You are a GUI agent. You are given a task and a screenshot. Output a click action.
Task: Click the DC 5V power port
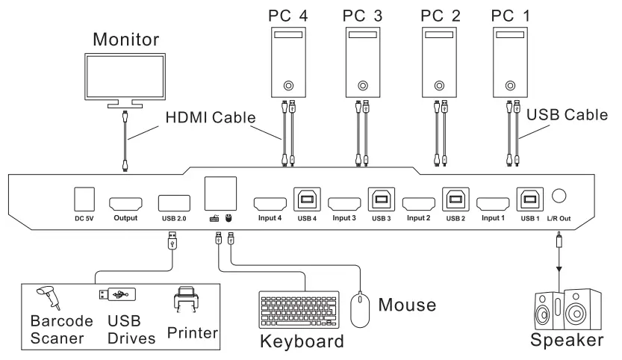[83, 198]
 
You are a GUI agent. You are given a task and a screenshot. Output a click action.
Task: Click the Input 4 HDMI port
[270, 203]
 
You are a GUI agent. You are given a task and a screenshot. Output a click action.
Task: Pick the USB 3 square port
[381, 199]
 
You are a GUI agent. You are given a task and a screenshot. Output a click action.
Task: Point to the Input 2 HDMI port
[419, 203]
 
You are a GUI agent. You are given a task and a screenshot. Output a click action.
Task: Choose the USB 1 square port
[529, 199]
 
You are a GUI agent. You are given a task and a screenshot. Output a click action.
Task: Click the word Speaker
[566, 341]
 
